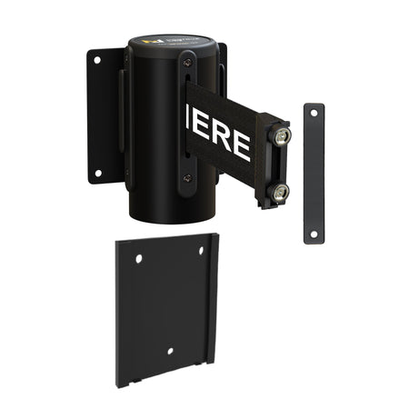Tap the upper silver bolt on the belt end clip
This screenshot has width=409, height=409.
pos(282,136)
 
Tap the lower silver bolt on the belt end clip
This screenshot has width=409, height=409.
pos(279,191)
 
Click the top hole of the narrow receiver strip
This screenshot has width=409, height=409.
pos(314,113)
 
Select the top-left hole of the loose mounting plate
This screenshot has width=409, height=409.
pos(139,259)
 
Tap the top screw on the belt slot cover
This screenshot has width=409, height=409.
pos(187,61)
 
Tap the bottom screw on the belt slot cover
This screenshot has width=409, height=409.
pos(187,178)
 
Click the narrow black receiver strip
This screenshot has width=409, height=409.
pos(314,173)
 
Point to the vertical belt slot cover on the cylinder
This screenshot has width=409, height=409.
pos(186,118)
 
